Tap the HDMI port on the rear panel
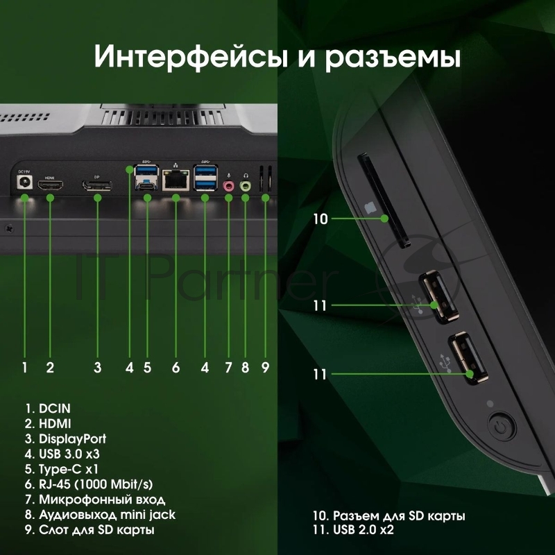50,186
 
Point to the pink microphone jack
229,187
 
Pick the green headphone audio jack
245,187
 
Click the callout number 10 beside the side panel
320,219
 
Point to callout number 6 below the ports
176,368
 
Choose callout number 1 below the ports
24,368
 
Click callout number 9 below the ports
265,368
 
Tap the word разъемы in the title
393,57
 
